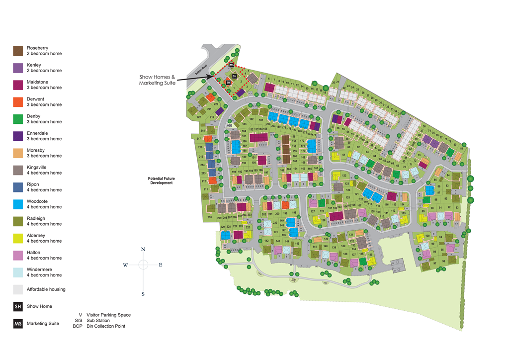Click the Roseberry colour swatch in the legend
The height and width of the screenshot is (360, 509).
point(18,51)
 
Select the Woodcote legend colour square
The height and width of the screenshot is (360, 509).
point(18,204)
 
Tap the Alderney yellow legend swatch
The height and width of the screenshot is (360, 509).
point(18,238)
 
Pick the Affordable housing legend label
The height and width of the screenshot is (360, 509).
point(46,289)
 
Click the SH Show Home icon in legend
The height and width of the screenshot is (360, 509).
point(18,306)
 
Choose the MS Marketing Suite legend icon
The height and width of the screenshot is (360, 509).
point(18,323)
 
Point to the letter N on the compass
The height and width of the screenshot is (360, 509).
point(143,249)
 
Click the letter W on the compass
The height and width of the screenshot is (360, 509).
point(125,265)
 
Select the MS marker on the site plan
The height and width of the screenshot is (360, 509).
point(232,65)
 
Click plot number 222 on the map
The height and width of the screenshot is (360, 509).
point(199,117)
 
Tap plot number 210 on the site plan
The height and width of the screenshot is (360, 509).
point(210,217)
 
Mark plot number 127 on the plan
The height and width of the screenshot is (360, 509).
point(313,211)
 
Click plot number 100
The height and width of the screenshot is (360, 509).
point(427,235)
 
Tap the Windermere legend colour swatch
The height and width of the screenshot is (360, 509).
point(18,272)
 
